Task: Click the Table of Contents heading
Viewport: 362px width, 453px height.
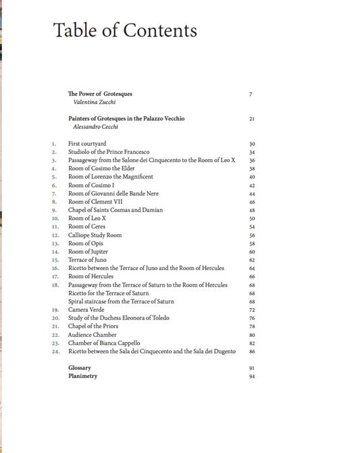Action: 125,30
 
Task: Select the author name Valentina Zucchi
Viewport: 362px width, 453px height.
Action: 96,102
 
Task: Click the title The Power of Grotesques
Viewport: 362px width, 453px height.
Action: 100,94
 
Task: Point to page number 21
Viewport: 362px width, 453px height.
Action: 251,119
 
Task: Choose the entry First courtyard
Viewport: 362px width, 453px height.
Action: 87,144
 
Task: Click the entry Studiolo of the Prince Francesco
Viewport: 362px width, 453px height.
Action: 109,152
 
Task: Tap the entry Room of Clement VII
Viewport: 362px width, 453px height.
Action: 95,202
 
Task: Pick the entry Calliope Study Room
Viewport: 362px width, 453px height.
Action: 95,235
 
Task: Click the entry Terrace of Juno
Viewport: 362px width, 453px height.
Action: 87,260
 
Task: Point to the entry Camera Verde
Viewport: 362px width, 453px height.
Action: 86,310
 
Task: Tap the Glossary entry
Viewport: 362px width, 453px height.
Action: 80,368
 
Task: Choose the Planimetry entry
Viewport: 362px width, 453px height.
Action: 83,376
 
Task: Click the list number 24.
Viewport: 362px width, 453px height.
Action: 55,352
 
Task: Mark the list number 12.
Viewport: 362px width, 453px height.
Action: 55,236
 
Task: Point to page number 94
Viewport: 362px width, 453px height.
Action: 251,377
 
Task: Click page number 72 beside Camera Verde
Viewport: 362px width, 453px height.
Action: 251,310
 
